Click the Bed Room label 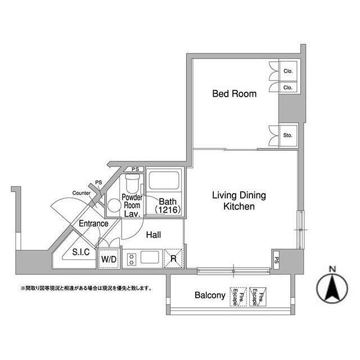(234, 94)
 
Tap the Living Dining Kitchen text (239, 201)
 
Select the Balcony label (210, 295)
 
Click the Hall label (154, 235)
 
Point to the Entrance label (93, 223)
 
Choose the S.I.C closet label (81, 252)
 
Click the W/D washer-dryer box (109, 259)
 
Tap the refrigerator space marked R (174, 259)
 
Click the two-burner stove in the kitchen (132, 259)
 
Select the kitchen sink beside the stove (150, 257)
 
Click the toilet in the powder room (132, 184)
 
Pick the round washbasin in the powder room (114, 205)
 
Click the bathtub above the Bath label (164, 181)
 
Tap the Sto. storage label (287, 135)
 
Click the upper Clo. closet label (288, 71)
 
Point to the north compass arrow (332, 288)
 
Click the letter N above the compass (332, 269)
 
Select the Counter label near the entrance (81, 193)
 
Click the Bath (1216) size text (168, 206)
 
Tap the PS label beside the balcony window (277, 260)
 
